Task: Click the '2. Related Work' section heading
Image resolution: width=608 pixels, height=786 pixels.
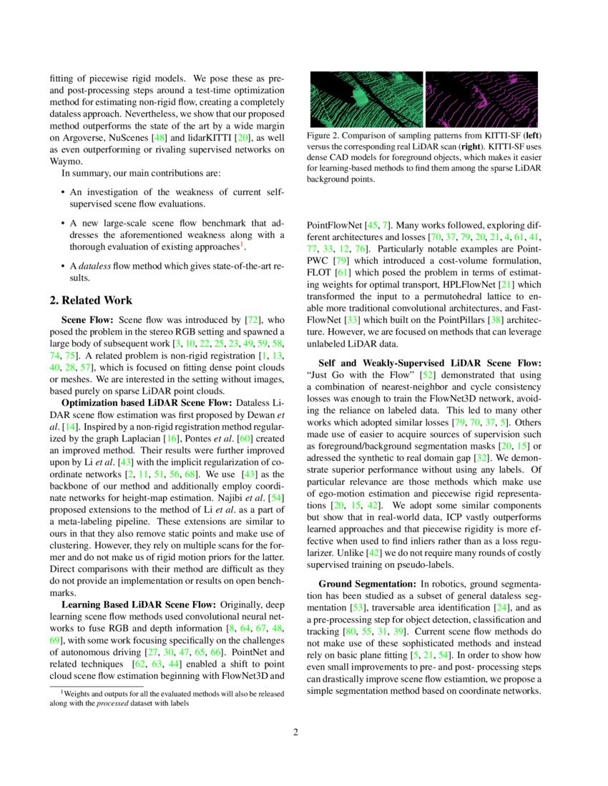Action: click(x=91, y=301)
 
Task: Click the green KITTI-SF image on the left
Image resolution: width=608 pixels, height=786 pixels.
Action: click(x=365, y=99)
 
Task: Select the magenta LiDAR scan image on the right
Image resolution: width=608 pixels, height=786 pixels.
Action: click(x=484, y=99)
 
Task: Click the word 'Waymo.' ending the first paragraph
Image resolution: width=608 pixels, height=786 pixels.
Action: click(x=65, y=161)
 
